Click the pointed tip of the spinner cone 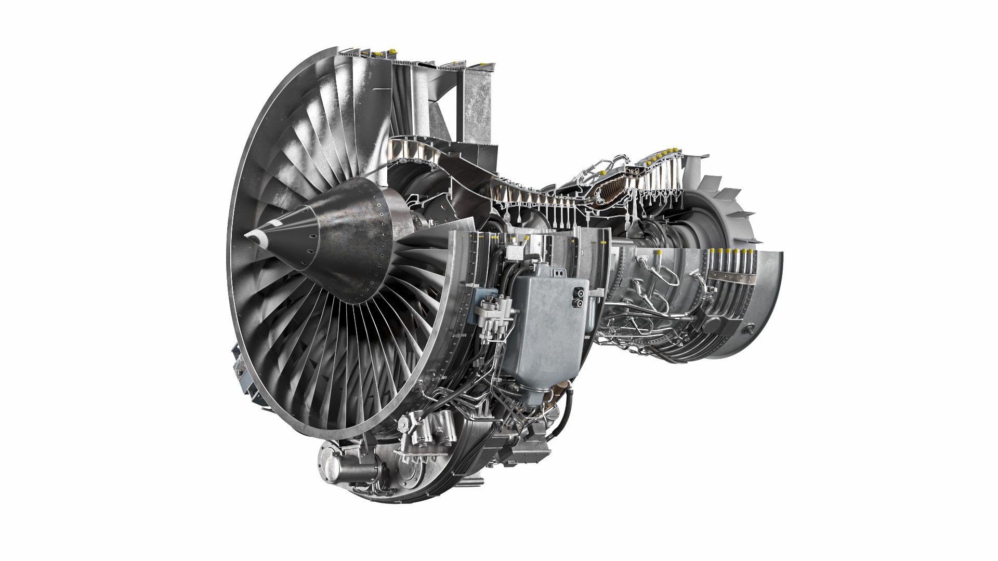[246, 235]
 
